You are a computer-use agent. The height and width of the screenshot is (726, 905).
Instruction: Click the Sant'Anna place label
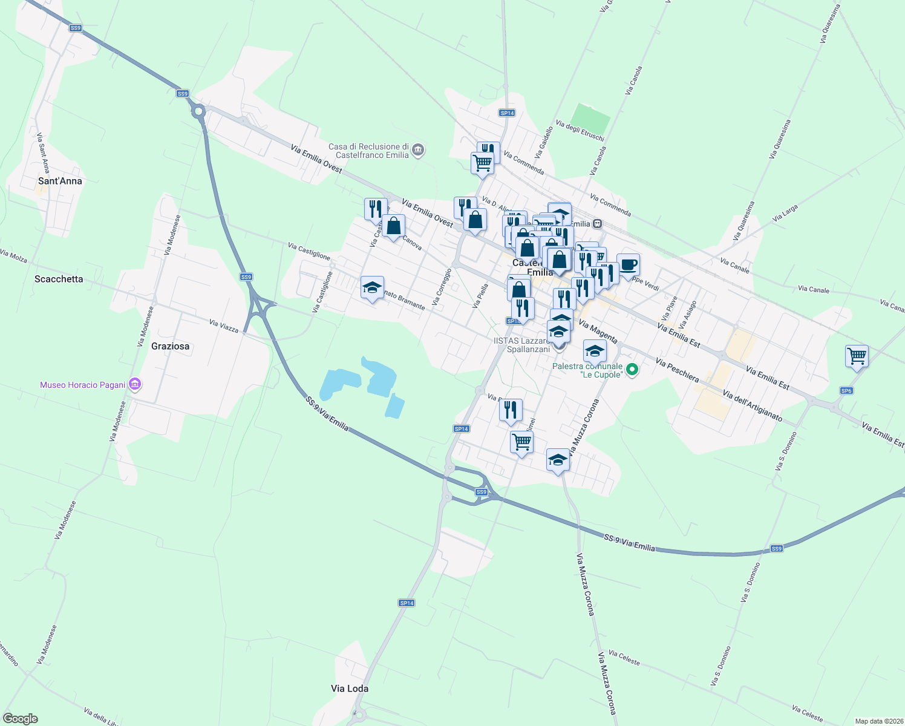click(60, 181)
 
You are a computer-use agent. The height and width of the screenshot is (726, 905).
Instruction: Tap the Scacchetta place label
click(59, 279)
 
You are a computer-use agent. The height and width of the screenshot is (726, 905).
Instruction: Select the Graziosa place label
click(170, 346)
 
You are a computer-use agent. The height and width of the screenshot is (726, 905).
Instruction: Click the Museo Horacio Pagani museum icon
click(135, 385)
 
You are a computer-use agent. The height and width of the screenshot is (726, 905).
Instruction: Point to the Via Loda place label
click(350, 688)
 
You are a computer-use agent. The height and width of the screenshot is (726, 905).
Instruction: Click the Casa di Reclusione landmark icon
click(418, 149)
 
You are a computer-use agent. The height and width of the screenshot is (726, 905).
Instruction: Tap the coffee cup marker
click(628, 264)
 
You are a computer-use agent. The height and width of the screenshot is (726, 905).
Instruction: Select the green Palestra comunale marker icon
click(632, 368)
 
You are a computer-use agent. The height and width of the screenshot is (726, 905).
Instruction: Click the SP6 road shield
click(846, 391)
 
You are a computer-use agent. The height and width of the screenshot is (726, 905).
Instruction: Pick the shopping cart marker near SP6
click(857, 356)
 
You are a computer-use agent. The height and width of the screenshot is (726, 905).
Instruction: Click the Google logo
click(21, 719)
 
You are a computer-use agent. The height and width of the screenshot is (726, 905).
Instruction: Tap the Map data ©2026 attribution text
click(878, 721)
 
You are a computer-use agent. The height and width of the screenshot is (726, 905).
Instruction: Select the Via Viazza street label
click(224, 326)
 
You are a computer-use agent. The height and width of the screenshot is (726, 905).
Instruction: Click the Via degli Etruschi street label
click(580, 131)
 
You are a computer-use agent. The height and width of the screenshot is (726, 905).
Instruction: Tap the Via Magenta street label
click(598, 332)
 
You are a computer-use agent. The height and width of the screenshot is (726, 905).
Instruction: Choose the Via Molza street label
click(13, 257)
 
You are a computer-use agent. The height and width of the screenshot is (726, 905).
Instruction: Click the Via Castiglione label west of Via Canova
click(309, 251)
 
